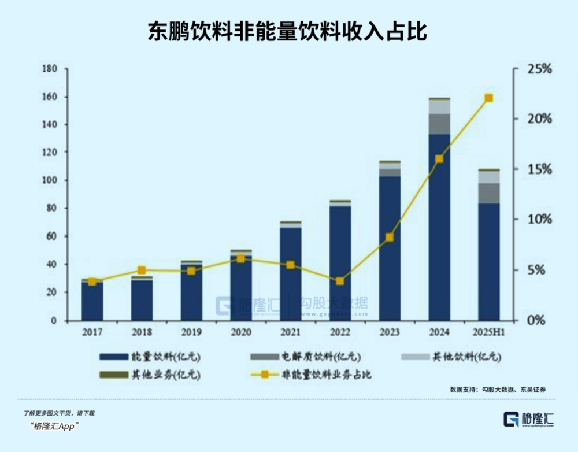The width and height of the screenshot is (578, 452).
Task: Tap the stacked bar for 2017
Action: (92, 301)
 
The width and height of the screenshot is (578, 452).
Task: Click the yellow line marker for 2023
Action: (390, 237)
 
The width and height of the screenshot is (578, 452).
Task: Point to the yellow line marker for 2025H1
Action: (489, 98)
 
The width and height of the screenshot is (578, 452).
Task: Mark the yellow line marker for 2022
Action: (340, 281)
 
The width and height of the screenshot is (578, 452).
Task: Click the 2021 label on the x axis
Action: (290, 334)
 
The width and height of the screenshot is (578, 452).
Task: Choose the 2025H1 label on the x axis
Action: (489, 334)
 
